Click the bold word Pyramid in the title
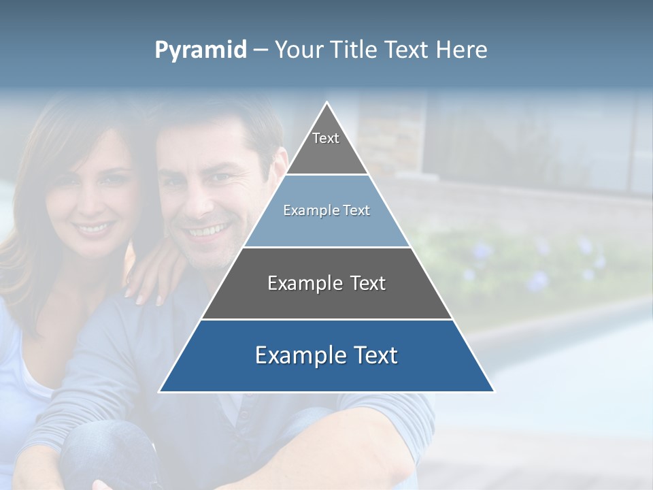[201, 50]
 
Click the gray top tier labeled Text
[326, 146]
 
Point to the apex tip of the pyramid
[326, 103]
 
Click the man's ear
[279, 170]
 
